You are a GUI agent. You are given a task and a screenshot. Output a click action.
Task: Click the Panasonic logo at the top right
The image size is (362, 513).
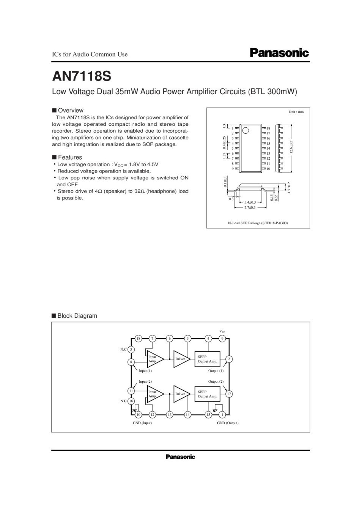click(279, 52)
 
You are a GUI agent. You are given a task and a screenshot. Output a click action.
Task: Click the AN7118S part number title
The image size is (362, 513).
click(82, 76)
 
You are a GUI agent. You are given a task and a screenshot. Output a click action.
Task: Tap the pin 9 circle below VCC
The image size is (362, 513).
click(222, 339)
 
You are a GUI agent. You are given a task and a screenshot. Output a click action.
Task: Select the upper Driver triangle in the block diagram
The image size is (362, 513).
click(181, 359)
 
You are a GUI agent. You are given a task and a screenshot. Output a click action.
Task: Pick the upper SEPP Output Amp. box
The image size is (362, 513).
click(207, 359)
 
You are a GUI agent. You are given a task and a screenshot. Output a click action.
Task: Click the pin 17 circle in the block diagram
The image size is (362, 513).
click(229, 394)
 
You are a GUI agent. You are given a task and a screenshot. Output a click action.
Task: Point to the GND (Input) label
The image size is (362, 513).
click(142, 423)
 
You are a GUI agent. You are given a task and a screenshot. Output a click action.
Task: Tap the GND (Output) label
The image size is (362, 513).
click(228, 423)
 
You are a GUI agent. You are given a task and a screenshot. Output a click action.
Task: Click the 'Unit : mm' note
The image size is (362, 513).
click(296, 112)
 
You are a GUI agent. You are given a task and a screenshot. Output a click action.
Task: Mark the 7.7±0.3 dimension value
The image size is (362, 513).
click(250, 207)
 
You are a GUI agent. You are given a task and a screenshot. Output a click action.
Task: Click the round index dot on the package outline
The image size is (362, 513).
click(246, 130)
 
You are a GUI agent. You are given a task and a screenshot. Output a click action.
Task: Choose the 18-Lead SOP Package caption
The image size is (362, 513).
click(258, 223)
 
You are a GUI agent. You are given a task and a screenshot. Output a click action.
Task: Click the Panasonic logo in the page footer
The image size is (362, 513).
click(180, 457)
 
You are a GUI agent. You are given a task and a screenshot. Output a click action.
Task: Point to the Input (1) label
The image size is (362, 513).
click(145, 371)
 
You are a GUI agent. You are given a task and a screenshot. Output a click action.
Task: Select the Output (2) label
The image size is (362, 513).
click(216, 382)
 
